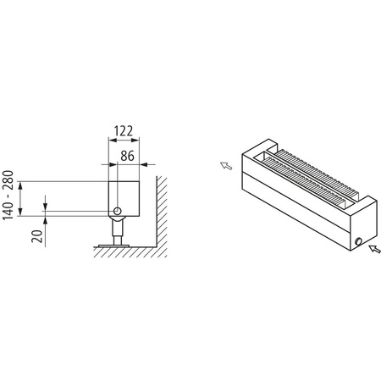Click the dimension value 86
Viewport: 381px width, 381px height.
[128, 156]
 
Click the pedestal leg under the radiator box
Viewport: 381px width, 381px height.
[113, 229]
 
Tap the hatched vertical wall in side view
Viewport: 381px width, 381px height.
[160, 212]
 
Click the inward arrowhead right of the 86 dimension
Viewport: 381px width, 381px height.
[144, 164]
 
